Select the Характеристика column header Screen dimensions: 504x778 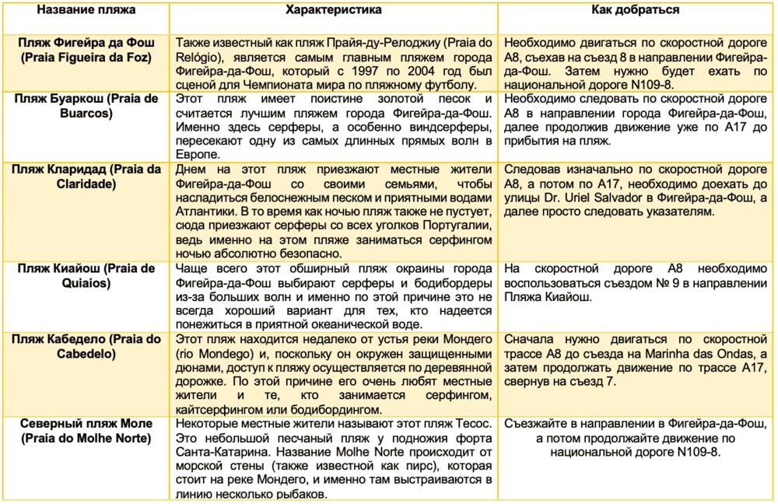coord(334,11)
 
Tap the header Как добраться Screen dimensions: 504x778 coord(636,11)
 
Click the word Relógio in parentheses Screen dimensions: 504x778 coord(202,58)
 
